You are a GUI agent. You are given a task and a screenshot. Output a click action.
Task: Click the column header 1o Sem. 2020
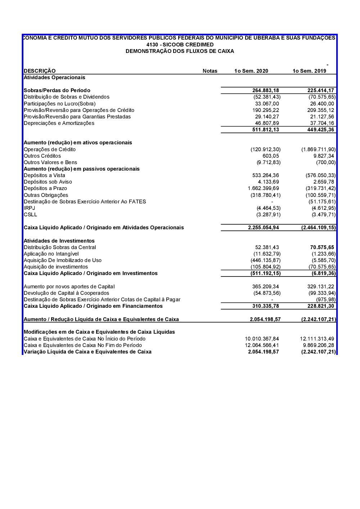251,71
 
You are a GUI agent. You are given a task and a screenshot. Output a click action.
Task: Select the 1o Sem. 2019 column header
309,71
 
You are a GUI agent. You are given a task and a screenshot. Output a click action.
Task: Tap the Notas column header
210,71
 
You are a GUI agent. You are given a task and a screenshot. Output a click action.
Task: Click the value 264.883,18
265,90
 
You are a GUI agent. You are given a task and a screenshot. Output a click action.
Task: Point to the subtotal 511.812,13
265,130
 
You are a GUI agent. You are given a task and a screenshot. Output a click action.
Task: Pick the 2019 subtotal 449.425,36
320,130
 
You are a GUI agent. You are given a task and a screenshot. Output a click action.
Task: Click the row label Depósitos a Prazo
45,188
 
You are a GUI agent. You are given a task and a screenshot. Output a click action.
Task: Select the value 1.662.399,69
263,188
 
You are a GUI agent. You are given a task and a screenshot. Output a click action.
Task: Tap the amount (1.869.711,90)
318,149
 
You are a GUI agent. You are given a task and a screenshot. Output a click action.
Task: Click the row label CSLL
30,215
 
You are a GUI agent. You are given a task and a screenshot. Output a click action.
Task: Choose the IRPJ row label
29,208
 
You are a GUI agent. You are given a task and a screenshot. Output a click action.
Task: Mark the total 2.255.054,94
263,228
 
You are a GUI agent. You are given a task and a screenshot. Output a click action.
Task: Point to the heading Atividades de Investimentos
59,241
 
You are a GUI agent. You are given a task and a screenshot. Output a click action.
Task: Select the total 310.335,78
265,306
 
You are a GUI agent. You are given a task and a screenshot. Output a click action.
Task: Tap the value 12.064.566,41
262,345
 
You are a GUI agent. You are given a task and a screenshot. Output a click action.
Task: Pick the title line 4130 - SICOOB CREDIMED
180,45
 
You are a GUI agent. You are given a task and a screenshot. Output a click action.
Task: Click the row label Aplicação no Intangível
51,254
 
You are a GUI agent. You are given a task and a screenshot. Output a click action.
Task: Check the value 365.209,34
265,287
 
